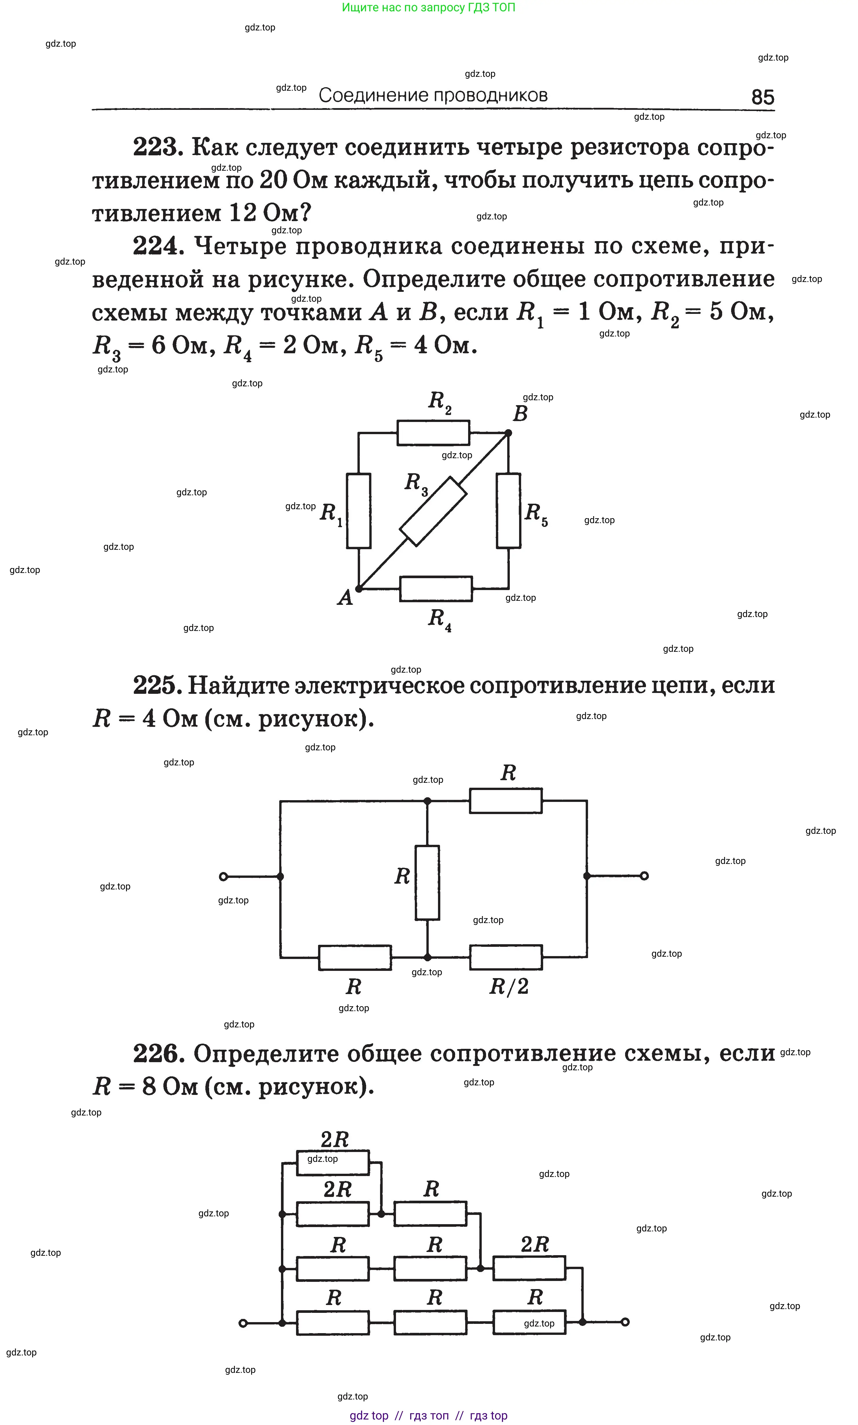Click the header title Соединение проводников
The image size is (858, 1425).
coord(433,95)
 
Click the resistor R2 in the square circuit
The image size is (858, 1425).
coord(433,433)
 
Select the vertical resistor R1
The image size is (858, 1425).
coord(358,511)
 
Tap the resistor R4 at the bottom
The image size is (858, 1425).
coord(436,589)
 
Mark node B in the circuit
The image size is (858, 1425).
coord(508,433)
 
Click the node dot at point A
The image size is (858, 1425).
coord(358,589)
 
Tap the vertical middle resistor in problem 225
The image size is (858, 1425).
coord(427,882)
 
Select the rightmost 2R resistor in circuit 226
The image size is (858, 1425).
coord(529,1268)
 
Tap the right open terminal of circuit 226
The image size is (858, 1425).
coord(625,1322)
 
